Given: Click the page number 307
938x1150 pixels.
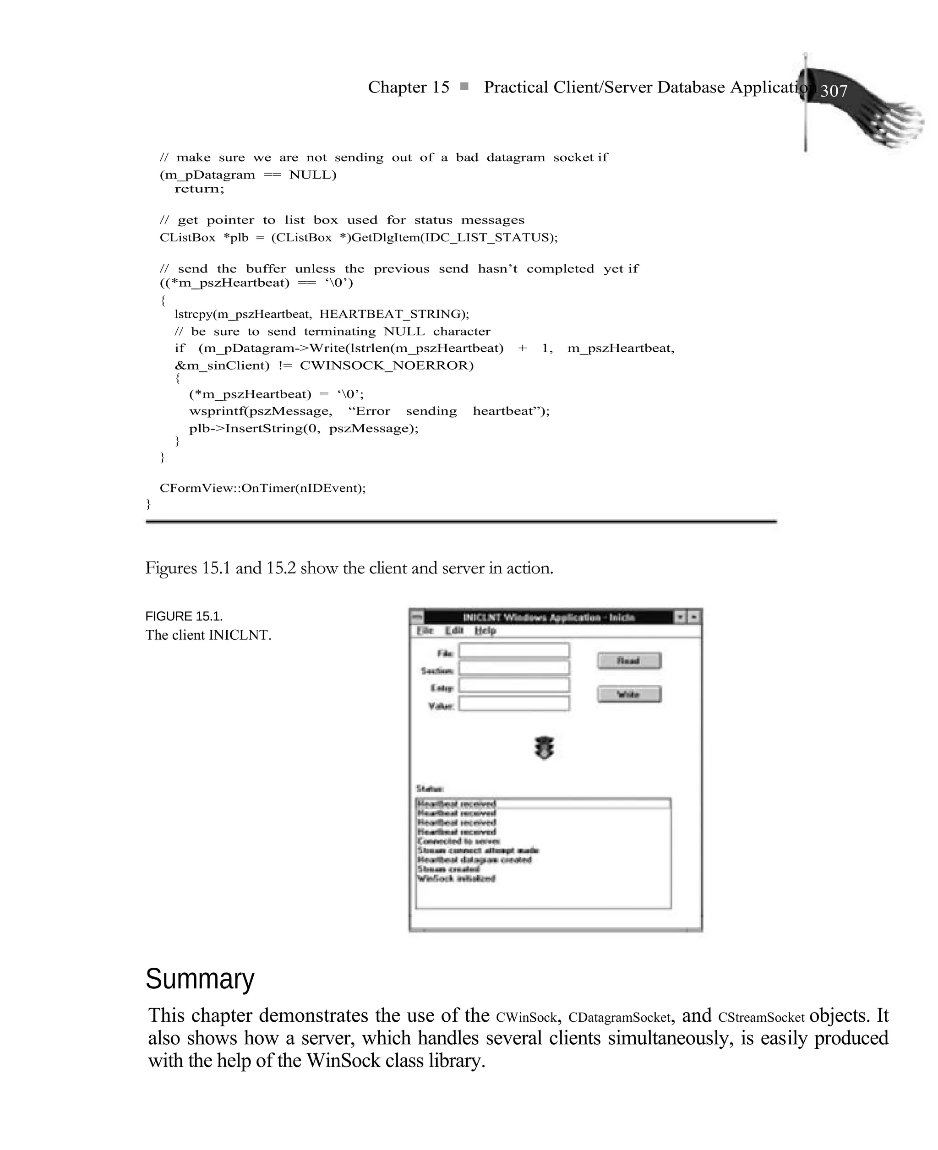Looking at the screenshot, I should tap(834, 91).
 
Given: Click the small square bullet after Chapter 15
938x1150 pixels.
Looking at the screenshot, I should tap(464, 87).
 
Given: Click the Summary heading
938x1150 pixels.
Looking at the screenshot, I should tap(199, 979).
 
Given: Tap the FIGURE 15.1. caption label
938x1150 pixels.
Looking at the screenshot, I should tap(184, 616).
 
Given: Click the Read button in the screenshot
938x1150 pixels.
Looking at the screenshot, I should tap(628, 660).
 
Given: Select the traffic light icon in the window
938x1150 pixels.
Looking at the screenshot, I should tap(544, 747).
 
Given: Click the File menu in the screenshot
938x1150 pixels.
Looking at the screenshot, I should tap(425, 631).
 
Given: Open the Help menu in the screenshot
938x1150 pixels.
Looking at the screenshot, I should tap(485, 631).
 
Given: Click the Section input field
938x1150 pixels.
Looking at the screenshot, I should tap(514, 669).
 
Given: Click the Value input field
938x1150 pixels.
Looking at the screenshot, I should tap(514, 704).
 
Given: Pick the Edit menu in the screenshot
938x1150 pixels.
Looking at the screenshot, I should tap(454, 631).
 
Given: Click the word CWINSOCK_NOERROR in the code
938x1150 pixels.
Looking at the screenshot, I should tap(387, 365).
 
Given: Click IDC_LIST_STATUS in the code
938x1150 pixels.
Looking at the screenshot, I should tap(486, 237).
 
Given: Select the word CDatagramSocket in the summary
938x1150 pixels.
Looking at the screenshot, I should tap(619, 1018).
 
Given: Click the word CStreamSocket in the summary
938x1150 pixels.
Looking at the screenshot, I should tap(761, 1018).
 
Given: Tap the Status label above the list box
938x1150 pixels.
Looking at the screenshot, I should tap(430, 789).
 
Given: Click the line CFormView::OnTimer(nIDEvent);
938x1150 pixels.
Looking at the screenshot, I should tap(262, 488).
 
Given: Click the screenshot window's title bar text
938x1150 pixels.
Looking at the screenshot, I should tap(548, 617).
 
